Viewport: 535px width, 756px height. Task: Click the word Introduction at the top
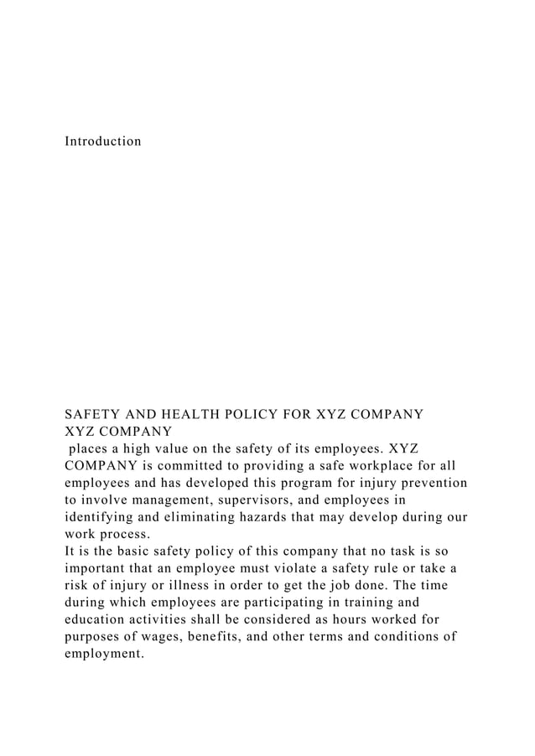(x=103, y=141)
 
